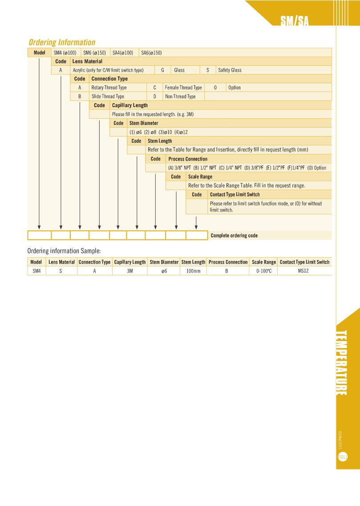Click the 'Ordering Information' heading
click(x=62, y=43)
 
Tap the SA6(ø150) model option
click(x=151, y=52)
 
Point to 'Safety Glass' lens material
click(x=230, y=70)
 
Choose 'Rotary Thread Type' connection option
click(x=109, y=88)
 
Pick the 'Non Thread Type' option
click(x=180, y=96)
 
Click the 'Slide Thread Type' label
click(x=108, y=96)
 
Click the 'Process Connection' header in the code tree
click(x=188, y=159)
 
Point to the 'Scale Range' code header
click(x=200, y=177)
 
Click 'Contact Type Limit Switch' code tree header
click(x=235, y=194)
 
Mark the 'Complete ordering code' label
click(x=234, y=236)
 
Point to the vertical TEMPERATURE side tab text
click(x=342, y=362)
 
